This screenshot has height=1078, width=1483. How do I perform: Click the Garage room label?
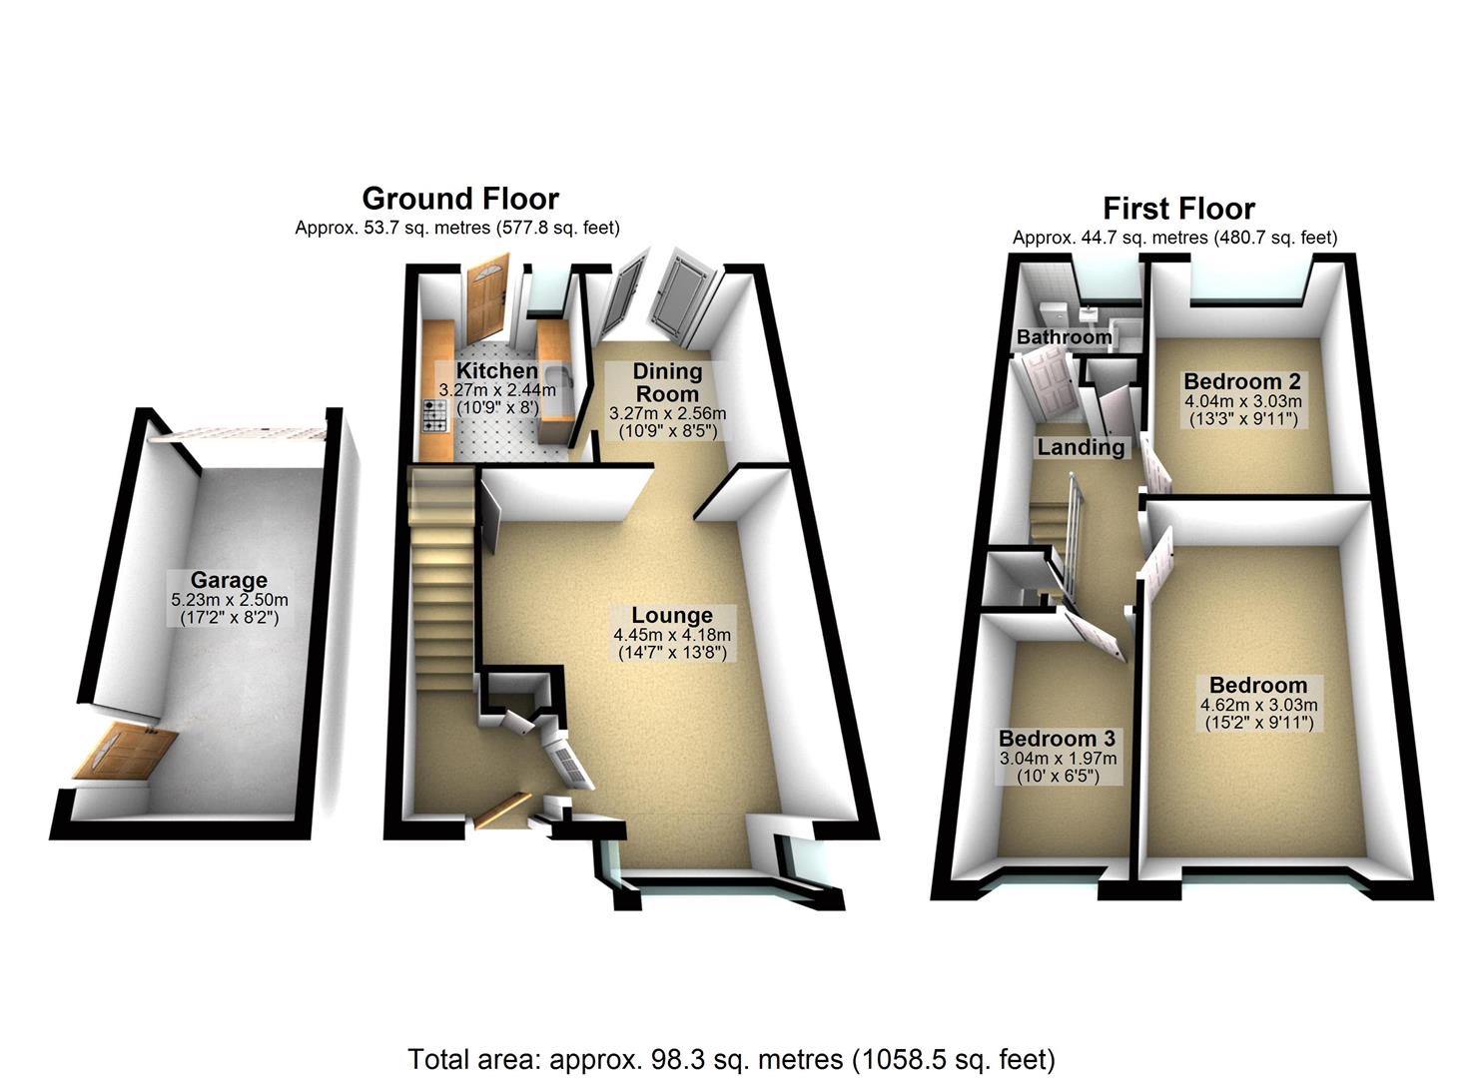tap(229, 580)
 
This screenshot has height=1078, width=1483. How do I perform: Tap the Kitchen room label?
tap(497, 371)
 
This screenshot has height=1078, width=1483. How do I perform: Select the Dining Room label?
tap(668, 382)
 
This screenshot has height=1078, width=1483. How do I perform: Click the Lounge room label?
tap(672, 615)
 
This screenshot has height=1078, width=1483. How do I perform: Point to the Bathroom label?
tap(1064, 337)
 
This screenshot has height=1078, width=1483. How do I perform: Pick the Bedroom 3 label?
tap(1057, 739)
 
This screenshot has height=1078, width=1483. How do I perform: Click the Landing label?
tap(1081, 447)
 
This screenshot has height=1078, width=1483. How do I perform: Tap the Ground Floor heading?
tap(460, 198)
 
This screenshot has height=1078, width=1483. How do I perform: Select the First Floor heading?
tap(1178, 209)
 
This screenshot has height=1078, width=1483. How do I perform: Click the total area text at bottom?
tap(731, 1058)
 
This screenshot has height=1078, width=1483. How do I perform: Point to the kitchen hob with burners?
tap(434, 416)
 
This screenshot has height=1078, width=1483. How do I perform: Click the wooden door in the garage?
tap(124, 754)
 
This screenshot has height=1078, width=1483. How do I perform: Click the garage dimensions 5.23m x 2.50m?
tap(230, 600)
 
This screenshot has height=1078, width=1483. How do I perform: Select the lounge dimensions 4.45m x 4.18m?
tap(672, 635)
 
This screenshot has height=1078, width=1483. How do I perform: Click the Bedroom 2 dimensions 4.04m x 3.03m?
tap(1243, 401)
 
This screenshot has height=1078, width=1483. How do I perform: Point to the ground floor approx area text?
tap(457, 228)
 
